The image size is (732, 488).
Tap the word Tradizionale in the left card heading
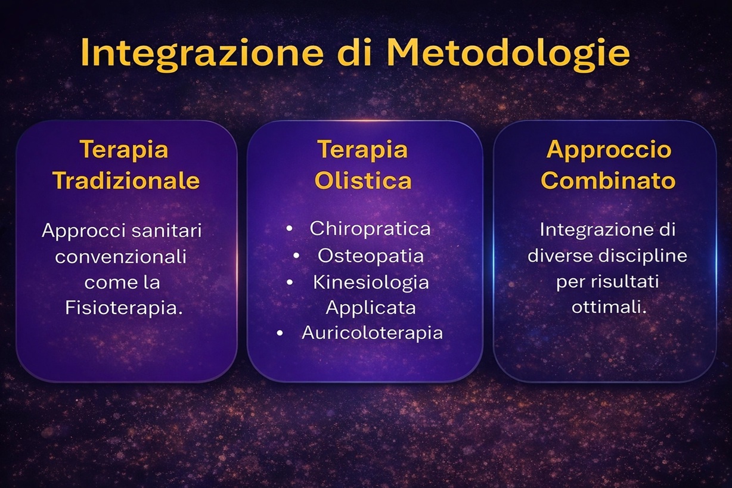tap(126, 180)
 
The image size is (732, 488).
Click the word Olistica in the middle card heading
tap(363, 180)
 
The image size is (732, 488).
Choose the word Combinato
tap(608, 180)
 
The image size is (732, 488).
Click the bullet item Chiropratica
tap(370, 228)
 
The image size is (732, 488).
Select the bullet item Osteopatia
tap(371, 256)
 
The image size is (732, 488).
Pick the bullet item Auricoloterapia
tap(372, 333)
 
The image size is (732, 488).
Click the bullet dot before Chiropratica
tap(289, 229)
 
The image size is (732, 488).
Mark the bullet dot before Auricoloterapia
tap(280, 334)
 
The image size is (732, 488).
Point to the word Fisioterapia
tap(123, 308)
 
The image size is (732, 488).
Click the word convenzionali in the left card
tap(120, 257)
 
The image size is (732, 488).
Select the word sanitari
tap(166, 231)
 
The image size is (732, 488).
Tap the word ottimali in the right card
tap(609, 307)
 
